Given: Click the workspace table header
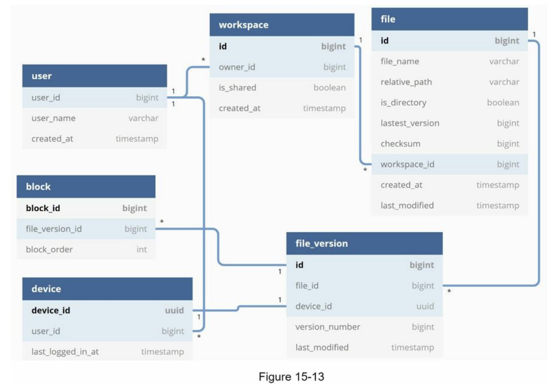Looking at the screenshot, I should [x=244, y=25].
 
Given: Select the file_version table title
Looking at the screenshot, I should [x=322, y=243].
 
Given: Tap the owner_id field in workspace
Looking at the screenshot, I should [x=237, y=67].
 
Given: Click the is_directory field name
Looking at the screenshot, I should [x=403, y=103].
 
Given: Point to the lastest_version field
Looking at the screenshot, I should [x=410, y=123].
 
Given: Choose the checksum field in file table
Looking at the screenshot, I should [x=400, y=144].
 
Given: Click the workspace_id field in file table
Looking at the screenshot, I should [x=407, y=165].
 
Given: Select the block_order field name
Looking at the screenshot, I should [x=49, y=250].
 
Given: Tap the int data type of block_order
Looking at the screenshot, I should [x=141, y=250].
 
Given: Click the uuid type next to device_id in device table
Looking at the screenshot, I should [x=174, y=311].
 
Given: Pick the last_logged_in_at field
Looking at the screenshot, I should [x=65, y=352].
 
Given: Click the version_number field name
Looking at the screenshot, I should [x=328, y=327].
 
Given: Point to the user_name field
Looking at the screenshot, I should [x=53, y=118].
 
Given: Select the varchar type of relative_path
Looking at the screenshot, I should [x=504, y=82].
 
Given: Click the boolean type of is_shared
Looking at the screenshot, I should [x=329, y=88].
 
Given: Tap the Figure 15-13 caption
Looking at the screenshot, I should [x=291, y=377].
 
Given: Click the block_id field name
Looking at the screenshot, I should [x=43, y=208].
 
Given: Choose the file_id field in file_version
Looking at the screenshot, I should [x=307, y=286].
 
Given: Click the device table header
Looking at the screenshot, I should [x=46, y=289].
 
